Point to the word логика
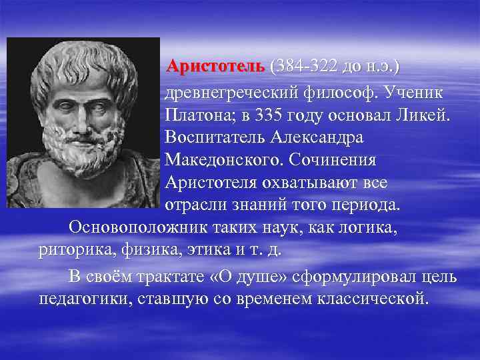(x=366, y=227)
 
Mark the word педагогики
(x=83, y=298)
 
